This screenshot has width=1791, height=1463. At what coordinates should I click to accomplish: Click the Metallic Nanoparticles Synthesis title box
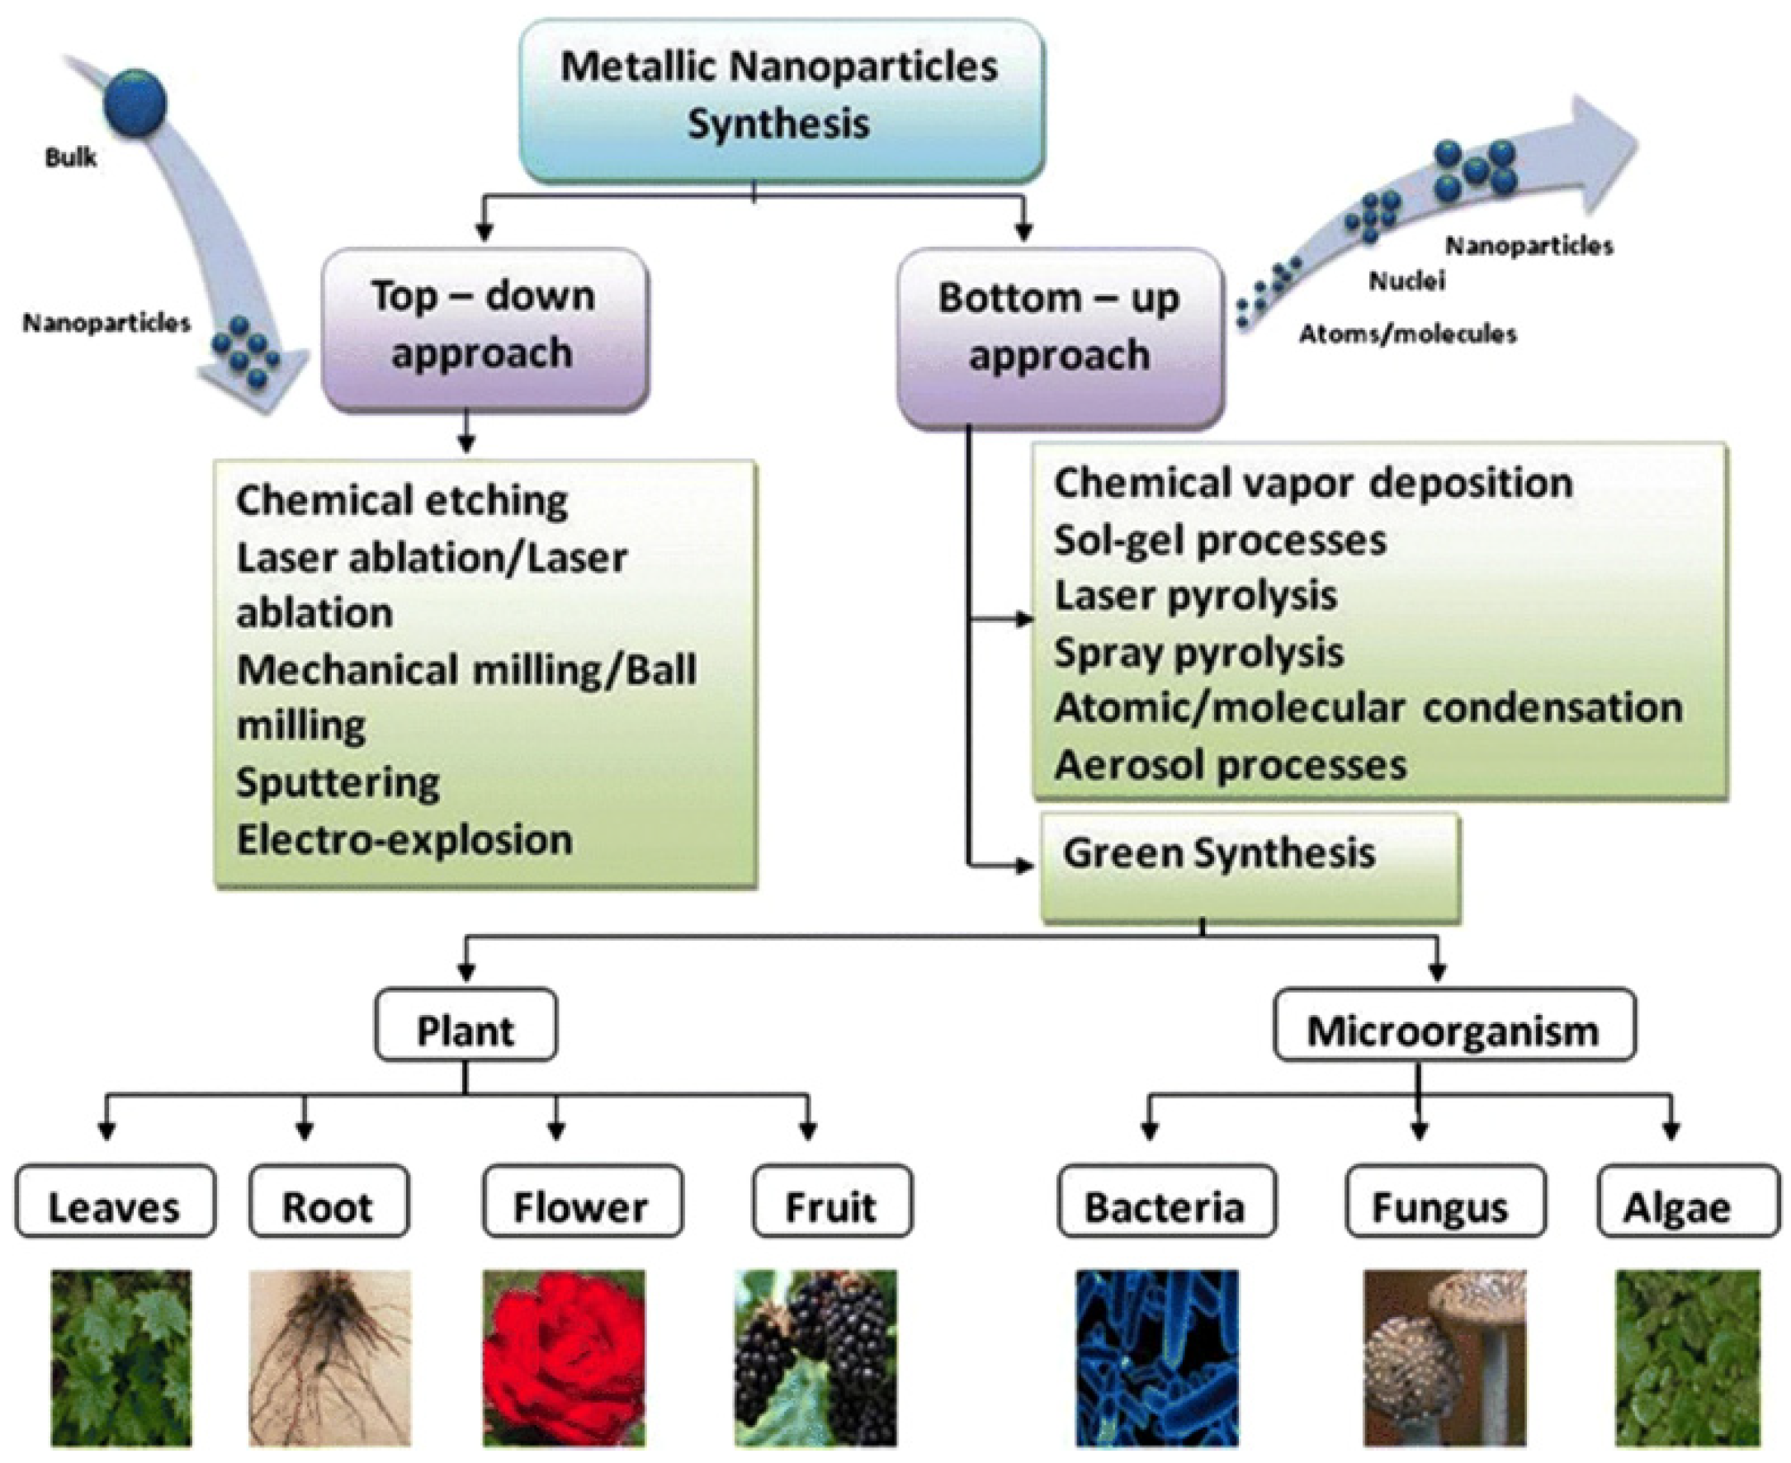pyautogui.click(x=781, y=100)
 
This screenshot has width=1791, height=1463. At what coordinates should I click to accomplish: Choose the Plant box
pyautogui.click(x=465, y=1023)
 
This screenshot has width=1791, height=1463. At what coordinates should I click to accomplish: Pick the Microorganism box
pyautogui.click(x=1454, y=1024)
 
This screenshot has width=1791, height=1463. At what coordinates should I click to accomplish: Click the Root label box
pyautogui.click(x=328, y=1200)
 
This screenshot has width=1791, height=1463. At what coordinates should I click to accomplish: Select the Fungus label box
pyautogui.click(x=1444, y=1200)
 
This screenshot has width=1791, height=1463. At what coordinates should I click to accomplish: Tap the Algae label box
pyautogui.click(x=1687, y=1200)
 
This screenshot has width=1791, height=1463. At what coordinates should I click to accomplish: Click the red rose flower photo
pyautogui.click(x=564, y=1357)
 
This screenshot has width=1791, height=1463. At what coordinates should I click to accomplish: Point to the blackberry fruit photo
pyautogui.click(x=815, y=1357)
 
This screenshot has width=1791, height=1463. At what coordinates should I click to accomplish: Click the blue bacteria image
pyautogui.click(x=1157, y=1357)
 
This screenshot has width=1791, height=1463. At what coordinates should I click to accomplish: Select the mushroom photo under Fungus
pyautogui.click(x=1444, y=1357)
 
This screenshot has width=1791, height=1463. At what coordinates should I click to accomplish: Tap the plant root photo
pyautogui.click(x=329, y=1357)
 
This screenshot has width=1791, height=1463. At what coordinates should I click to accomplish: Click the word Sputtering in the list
pyautogui.click(x=337, y=783)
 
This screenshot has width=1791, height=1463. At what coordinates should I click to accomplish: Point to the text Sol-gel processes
pyautogui.click(x=1219, y=540)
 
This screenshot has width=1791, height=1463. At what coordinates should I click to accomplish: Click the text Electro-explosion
pyautogui.click(x=404, y=840)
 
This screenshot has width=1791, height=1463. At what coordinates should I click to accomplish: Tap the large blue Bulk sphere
pyautogui.click(x=135, y=102)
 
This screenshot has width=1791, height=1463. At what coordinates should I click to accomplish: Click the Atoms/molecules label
pyautogui.click(x=1406, y=334)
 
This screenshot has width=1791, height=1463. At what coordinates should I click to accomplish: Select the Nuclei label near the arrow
pyautogui.click(x=1406, y=281)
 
